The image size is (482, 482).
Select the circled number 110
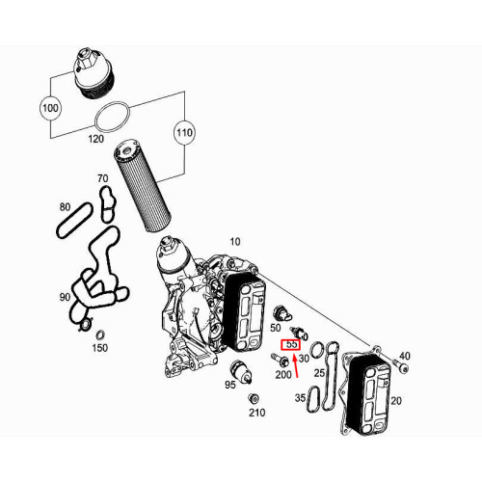(183, 131)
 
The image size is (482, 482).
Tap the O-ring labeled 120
(112, 118)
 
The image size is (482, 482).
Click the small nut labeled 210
(254, 400)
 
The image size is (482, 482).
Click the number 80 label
(65, 207)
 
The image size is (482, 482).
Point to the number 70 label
(102, 179)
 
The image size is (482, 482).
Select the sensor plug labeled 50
(281, 313)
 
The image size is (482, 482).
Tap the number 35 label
(300, 397)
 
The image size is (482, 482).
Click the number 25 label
(319, 372)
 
